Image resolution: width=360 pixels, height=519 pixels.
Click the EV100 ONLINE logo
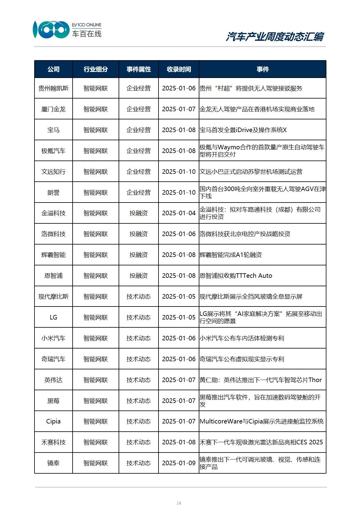click(x=67, y=30)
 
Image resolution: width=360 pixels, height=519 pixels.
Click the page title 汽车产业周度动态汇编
click(x=274, y=37)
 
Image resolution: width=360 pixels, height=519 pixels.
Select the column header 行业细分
click(x=96, y=69)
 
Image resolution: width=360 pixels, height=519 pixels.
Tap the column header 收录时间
click(x=179, y=69)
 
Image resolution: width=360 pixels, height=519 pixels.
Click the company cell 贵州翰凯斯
click(x=54, y=88)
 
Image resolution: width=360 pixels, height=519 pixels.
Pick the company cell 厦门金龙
click(x=54, y=109)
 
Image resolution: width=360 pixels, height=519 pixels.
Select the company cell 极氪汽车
click(x=54, y=151)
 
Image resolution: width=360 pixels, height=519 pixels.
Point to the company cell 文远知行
click(x=54, y=171)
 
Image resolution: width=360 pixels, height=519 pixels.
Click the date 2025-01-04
click(x=179, y=213)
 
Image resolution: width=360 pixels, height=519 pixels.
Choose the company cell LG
click(x=54, y=317)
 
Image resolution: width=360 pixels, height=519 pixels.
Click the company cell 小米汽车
click(x=54, y=338)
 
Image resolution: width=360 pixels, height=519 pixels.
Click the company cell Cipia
click(x=54, y=421)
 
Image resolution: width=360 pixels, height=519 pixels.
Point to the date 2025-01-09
click(x=179, y=463)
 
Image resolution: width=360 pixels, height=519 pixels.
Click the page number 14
click(x=179, y=503)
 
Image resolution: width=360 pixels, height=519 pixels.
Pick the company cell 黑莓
click(x=54, y=401)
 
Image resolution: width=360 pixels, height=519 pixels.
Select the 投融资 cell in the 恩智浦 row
click(x=139, y=276)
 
